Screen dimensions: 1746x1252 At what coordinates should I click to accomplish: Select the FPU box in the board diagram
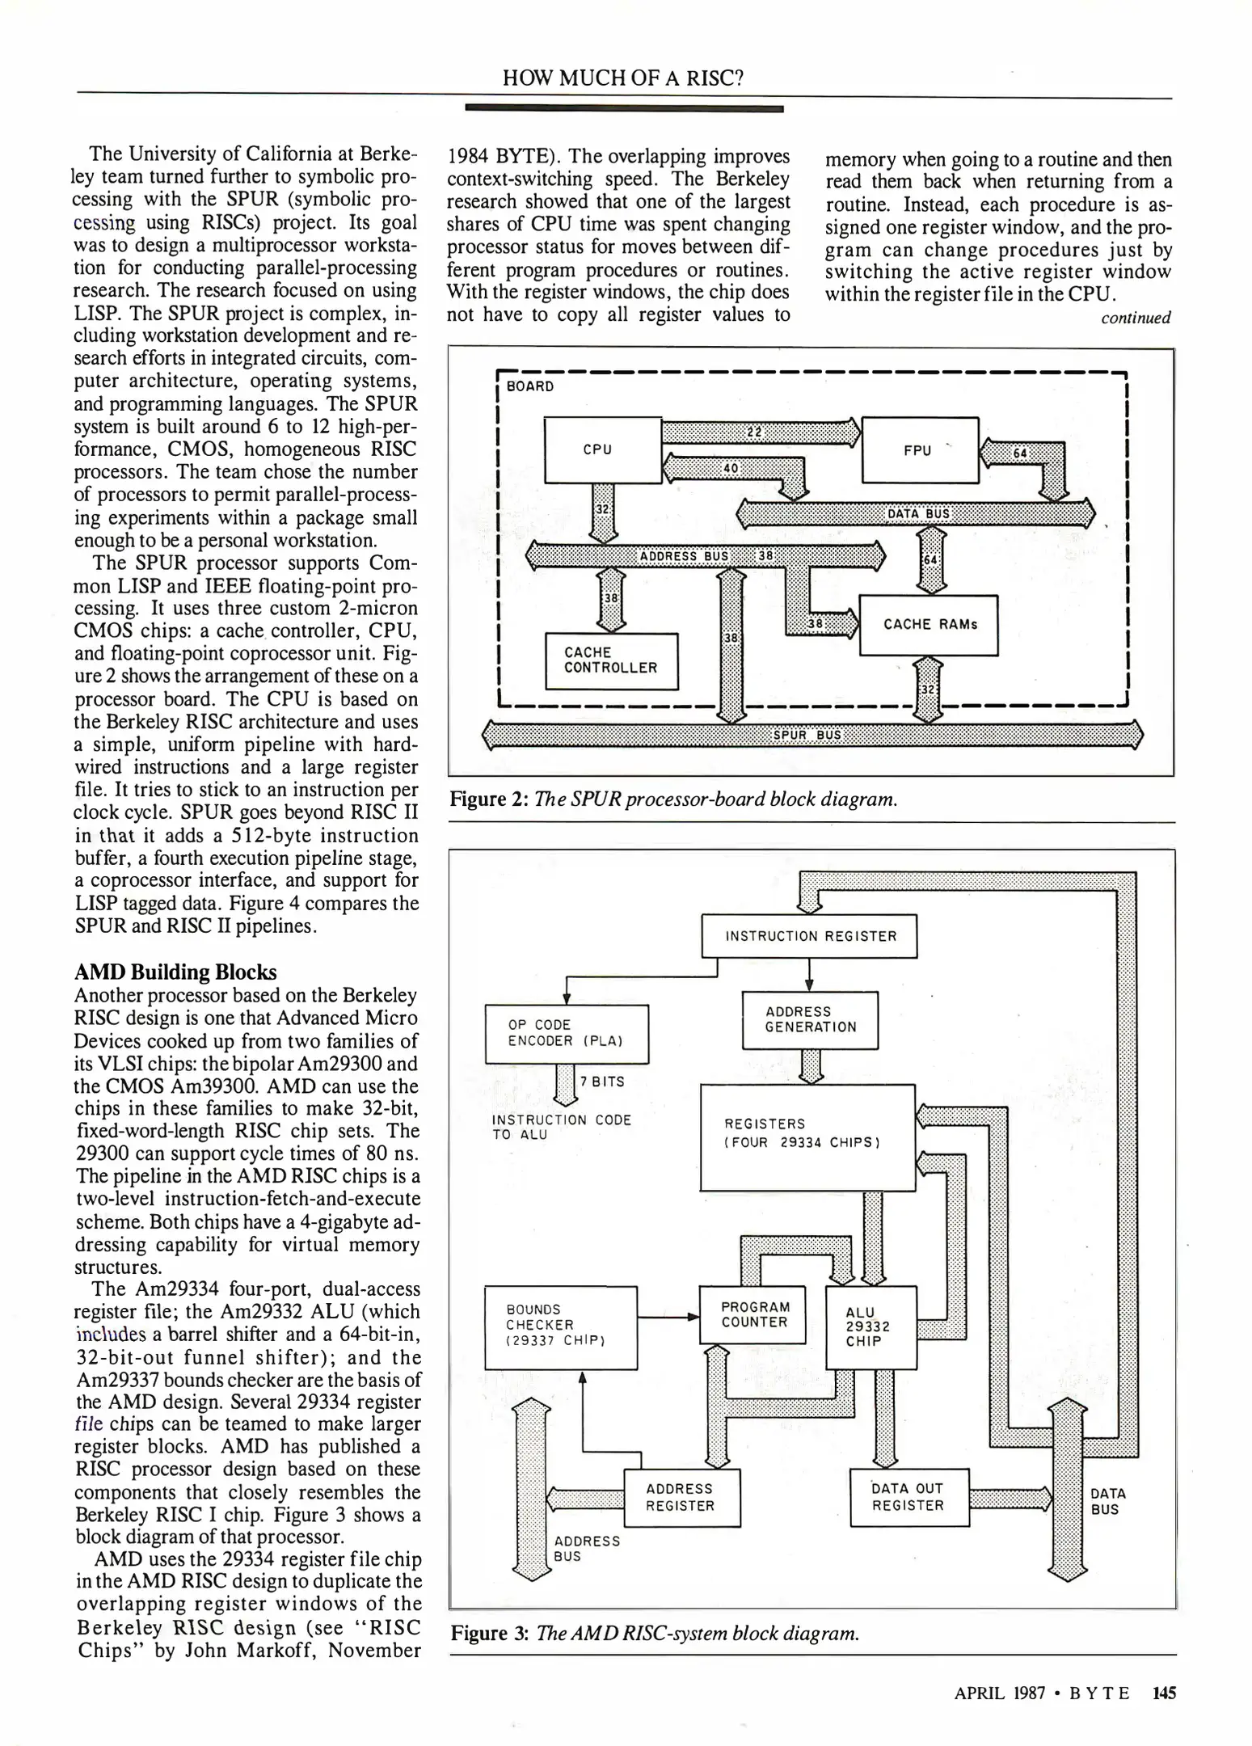pyautogui.click(x=920, y=450)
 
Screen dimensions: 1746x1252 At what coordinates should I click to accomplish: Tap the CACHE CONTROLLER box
pyautogui.click(x=611, y=660)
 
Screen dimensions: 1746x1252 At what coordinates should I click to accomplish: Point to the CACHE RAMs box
pyautogui.click(x=929, y=625)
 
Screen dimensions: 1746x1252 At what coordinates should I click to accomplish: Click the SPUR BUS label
pyautogui.click(x=807, y=735)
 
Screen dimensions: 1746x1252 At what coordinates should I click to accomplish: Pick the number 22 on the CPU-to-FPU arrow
pyautogui.click(x=754, y=432)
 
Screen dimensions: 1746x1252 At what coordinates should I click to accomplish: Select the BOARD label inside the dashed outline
pyautogui.click(x=530, y=386)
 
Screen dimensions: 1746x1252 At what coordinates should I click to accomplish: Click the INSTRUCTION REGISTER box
pyautogui.click(x=810, y=936)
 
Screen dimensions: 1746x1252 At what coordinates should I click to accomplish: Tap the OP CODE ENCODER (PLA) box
pyautogui.click(x=566, y=1033)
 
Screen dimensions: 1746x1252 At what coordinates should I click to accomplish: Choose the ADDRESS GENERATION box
pyautogui.click(x=810, y=1019)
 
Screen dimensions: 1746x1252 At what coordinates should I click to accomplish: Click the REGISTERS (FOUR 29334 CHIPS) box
pyautogui.click(x=807, y=1137)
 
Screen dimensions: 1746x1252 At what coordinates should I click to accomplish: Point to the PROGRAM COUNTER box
pyautogui.click(x=753, y=1314)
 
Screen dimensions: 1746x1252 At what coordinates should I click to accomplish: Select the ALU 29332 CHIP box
pyautogui.click(x=870, y=1326)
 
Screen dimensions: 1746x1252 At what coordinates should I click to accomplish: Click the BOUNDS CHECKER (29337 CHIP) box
pyautogui.click(x=560, y=1327)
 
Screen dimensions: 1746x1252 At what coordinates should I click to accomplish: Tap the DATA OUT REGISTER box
pyautogui.click(x=908, y=1497)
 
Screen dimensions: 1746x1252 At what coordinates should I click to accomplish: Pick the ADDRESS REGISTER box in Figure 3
pyautogui.click(x=681, y=1497)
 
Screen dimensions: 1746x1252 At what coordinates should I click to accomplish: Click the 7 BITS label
pyautogui.click(x=602, y=1082)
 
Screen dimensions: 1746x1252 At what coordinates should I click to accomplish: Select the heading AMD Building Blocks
pyautogui.click(x=175, y=972)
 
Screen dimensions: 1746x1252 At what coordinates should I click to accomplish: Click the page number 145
pyautogui.click(x=1164, y=1693)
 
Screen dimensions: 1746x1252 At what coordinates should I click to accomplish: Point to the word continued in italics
pyautogui.click(x=1135, y=318)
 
